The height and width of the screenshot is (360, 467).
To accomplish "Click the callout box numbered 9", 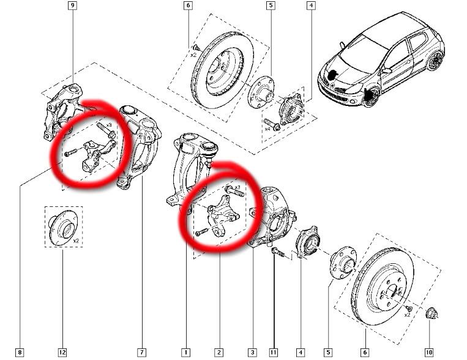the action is click(x=72, y=6).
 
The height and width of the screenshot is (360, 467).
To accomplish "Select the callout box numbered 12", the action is click(x=62, y=353).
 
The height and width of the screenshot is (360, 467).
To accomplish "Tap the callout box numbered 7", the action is click(x=141, y=353).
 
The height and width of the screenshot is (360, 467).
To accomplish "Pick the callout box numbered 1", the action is click(x=185, y=353).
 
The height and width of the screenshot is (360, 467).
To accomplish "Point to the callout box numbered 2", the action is click(x=219, y=353).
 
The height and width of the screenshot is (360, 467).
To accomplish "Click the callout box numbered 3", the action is click(x=252, y=353).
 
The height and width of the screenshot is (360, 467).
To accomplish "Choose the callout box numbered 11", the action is click(x=274, y=353).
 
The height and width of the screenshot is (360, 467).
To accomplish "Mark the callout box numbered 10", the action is click(x=429, y=353).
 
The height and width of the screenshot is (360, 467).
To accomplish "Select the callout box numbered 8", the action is click(x=20, y=353).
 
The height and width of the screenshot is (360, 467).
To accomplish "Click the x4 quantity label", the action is click(x=267, y=129).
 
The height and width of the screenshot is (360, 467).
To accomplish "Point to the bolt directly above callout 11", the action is click(x=276, y=252).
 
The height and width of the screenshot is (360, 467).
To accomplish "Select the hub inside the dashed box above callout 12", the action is click(x=62, y=227).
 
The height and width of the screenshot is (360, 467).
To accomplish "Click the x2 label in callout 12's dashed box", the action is click(x=76, y=241).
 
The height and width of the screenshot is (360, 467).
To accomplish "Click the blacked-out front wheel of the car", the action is click(x=371, y=97).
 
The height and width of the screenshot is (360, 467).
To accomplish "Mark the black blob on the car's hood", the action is click(x=332, y=75).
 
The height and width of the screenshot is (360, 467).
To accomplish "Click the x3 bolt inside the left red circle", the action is click(x=106, y=130).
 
